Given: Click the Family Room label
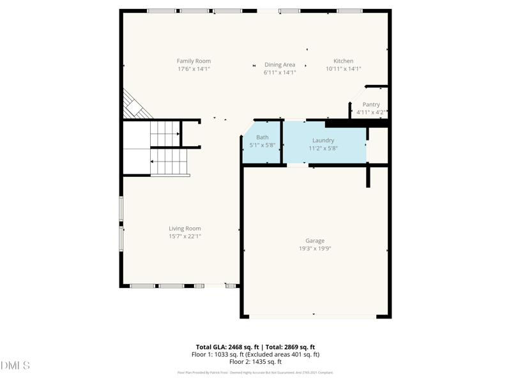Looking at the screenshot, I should [194, 61].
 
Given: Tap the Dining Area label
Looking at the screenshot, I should [280, 64].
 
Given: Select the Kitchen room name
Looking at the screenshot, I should [343, 61].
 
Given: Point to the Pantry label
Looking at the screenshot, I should [371, 105].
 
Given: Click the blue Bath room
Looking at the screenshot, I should [263, 142].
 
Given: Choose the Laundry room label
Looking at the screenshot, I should [323, 140].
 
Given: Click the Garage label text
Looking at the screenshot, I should [315, 241].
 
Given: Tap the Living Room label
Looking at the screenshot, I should [185, 229].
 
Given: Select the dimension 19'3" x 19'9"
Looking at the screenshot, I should [315, 249].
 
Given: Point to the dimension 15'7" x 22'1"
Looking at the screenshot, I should [185, 236].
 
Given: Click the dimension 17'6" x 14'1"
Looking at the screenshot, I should [194, 69].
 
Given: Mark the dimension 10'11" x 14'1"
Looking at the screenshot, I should [343, 69].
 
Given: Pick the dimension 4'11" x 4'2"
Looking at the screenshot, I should [371, 112].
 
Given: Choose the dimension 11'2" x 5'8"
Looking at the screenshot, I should [323, 148].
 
